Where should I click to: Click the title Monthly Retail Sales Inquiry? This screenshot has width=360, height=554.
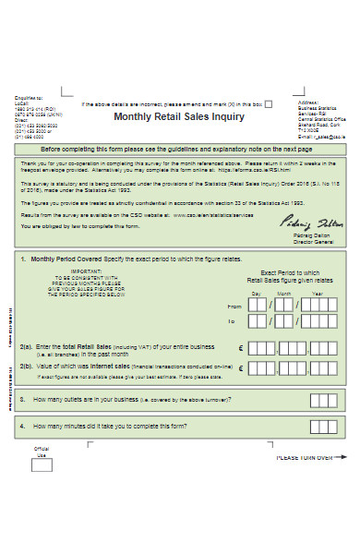178,117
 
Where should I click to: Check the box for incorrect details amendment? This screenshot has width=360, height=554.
269,104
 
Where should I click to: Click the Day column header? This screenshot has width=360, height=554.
257,294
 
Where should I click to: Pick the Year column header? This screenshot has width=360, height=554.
318,294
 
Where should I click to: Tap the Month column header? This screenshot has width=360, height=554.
286,294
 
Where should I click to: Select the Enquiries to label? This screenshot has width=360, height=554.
28,95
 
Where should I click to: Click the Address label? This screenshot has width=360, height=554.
307,102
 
